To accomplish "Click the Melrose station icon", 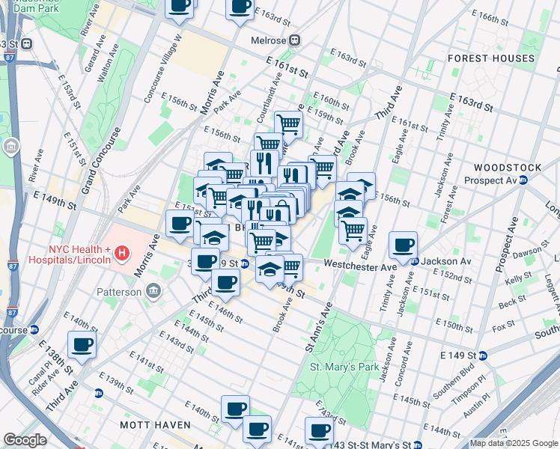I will coord(296,40).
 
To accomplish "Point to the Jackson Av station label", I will coord(446,261).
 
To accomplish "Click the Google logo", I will coord(25,440).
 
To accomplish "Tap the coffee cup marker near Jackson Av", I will coord(403,244).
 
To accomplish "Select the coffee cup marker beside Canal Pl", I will coord(82,344).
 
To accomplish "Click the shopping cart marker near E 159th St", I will coord(288,123).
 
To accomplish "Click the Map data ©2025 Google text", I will coord(514,442).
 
